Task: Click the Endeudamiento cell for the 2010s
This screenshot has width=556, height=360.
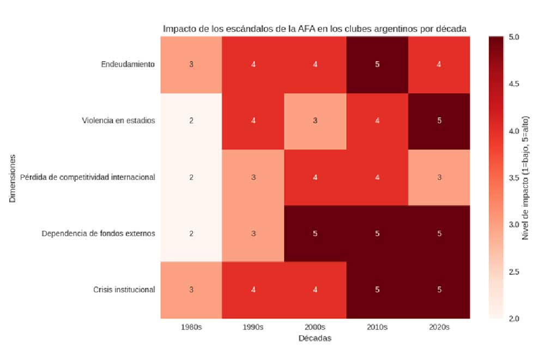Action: pos(377,64)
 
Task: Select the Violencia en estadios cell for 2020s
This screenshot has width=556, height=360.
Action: pos(439,121)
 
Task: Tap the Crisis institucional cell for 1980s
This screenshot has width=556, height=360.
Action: pos(191,289)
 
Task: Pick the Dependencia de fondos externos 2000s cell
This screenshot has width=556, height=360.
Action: pos(315,233)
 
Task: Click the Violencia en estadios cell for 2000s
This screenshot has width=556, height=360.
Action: pos(315,121)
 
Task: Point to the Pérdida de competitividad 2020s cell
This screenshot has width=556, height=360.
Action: pos(439,177)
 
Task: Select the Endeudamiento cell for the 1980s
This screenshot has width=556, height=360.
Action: pos(191,64)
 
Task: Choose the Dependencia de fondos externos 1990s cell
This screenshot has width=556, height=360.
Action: pos(253,233)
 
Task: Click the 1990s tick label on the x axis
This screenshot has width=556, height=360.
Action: pos(253,327)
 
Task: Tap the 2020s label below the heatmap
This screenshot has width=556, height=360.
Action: pos(439,327)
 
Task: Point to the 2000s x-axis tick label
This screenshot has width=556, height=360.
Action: pos(315,327)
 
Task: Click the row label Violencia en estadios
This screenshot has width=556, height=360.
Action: pos(117,121)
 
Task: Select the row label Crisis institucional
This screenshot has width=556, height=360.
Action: pos(124,289)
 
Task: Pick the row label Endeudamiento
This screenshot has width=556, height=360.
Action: pos(128,64)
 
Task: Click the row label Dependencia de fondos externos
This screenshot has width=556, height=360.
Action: pos(99,233)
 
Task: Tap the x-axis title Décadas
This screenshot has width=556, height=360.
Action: pos(315,338)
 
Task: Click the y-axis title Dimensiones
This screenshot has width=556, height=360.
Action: pos(12,177)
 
